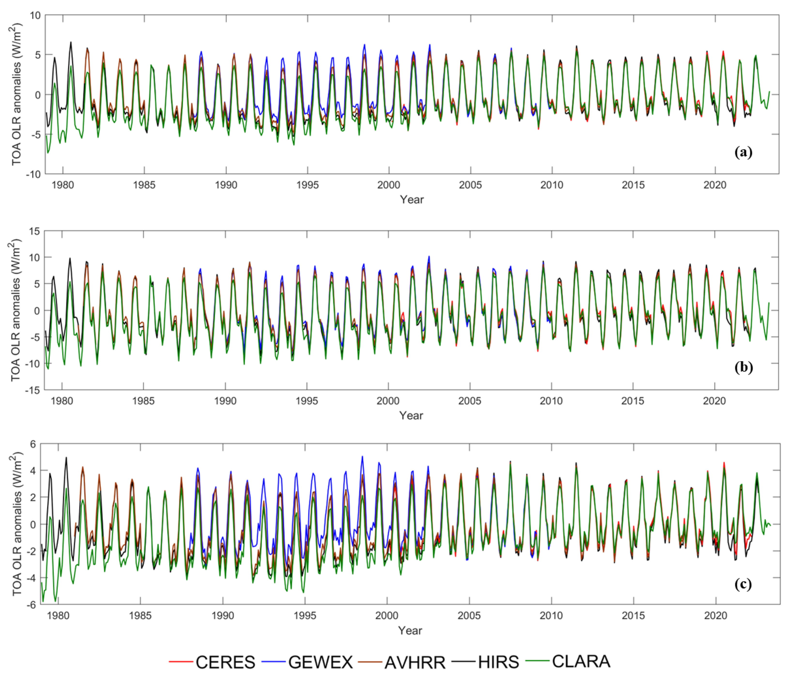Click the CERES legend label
(225, 662)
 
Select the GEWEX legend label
(320, 662)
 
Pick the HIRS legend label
(498, 662)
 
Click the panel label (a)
(743, 152)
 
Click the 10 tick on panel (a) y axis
(35, 16)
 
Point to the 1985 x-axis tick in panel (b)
(143, 401)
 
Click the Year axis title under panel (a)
(411, 199)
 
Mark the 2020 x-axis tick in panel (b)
(714, 401)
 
